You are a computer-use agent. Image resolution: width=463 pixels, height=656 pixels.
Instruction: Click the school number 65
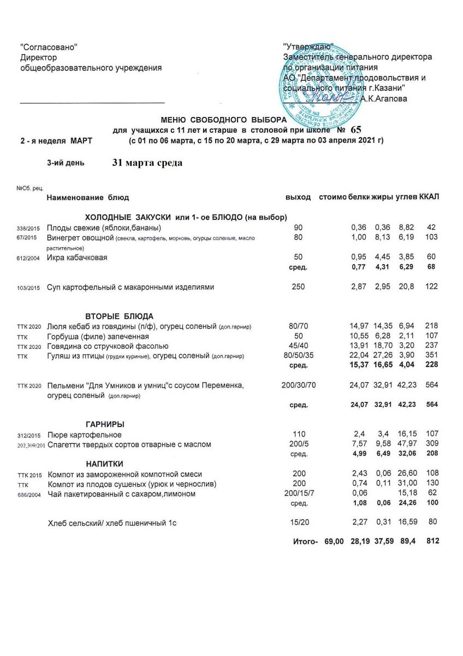[x=356, y=130]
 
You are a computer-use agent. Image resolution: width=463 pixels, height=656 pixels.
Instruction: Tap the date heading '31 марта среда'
[x=147, y=163]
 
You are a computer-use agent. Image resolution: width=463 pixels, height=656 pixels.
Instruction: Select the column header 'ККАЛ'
[x=430, y=197]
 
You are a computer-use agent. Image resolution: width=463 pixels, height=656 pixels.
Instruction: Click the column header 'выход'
[x=298, y=197]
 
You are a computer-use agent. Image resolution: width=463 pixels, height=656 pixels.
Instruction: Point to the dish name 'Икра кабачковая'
[x=76, y=257]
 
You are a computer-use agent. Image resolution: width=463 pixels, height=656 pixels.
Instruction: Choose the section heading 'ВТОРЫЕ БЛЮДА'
[x=119, y=316]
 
